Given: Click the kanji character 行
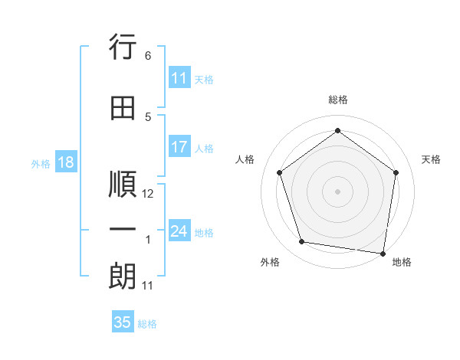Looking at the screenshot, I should click(x=123, y=48).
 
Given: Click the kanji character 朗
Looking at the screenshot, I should click(x=123, y=277).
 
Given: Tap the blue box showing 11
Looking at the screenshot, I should click(x=179, y=78).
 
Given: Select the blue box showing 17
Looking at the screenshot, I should click(x=179, y=147).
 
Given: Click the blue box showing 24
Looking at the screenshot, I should click(x=179, y=231).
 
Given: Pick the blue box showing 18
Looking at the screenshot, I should click(x=65, y=163).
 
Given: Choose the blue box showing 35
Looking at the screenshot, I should click(x=123, y=322).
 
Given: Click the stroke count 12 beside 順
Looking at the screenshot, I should click(x=149, y=194).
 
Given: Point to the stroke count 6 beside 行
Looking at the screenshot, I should click(x=148, y=56).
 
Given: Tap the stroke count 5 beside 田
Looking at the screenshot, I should click(x=148, y=117).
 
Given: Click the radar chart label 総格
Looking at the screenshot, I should click(x=338, y=100).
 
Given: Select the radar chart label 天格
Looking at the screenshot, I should click(x=432, y=159).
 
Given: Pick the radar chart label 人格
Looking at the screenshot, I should click(x=245, y=159).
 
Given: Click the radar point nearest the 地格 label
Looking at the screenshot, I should click(x=383, y=253).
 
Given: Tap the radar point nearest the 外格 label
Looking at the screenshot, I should click(x=302, y=242).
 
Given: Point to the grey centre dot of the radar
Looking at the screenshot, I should click(x=338, y=191).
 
